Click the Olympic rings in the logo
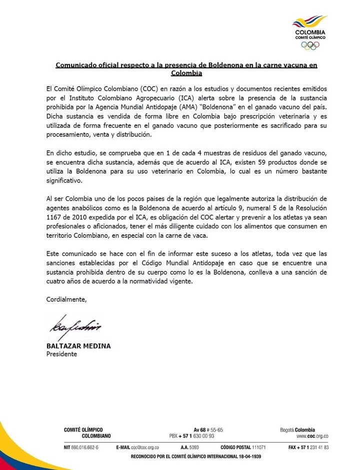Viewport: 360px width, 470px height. (310, 45)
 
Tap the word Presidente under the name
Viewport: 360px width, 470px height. (61, 354)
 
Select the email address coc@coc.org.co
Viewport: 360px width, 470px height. (145, 447)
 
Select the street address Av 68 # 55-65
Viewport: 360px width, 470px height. (208, 429)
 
